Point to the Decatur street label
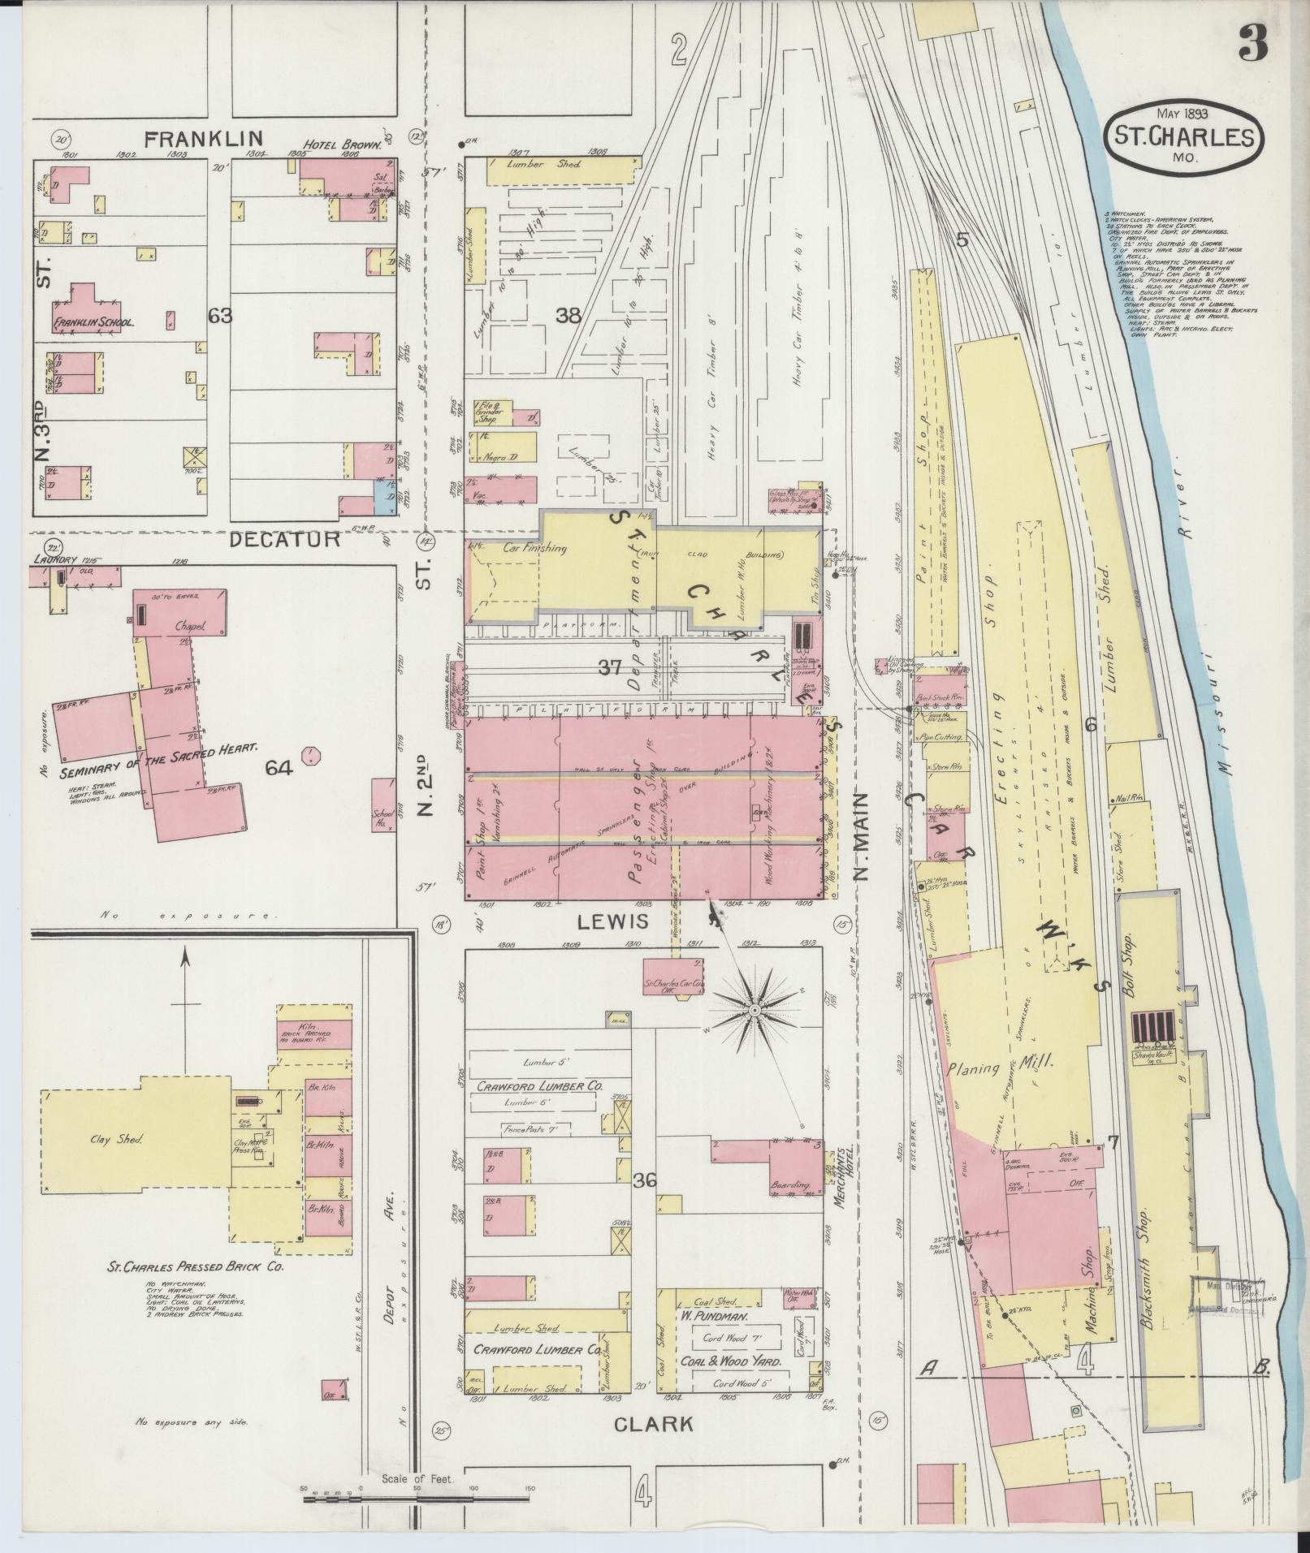coord(284,539)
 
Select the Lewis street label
coord(613,921)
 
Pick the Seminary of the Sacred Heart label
coord(158,747)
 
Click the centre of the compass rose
coord(754,1010)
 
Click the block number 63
coord(220,315)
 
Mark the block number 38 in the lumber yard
coord(569,316)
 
